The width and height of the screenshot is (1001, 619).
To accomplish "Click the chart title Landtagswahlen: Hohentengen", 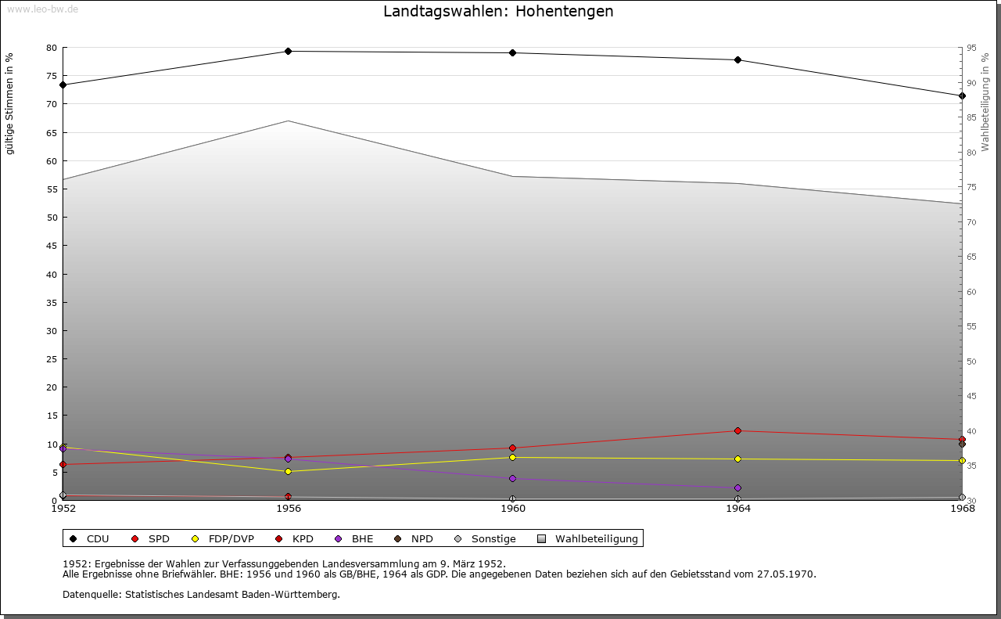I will (x=498, y=12).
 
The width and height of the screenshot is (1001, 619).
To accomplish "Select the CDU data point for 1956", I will (x=288, y=52).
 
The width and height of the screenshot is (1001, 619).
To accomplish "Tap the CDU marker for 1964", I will (x=737, y=60).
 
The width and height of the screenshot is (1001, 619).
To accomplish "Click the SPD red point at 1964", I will (x=737, y=431).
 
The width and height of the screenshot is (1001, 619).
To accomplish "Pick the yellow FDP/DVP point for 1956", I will (x=288, y=472).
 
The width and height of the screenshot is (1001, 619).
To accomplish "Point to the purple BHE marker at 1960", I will (x=512, y=479).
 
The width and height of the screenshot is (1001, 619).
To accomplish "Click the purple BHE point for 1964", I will (x=737, y=488).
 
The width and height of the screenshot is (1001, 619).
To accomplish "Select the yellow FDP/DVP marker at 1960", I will (x=512, y=458).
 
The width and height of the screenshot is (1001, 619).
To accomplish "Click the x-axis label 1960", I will (x=512, y=509).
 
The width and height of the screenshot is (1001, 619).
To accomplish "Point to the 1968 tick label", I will (x=962, y=509).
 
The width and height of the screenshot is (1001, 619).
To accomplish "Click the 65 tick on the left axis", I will (x=51, y=132).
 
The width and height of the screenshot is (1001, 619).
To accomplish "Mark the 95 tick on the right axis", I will (x=971, y=48).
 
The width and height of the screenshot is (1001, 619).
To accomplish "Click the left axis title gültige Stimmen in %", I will (x=10, y=103).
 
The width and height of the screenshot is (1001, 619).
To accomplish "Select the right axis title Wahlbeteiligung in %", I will (x=985, y=102).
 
